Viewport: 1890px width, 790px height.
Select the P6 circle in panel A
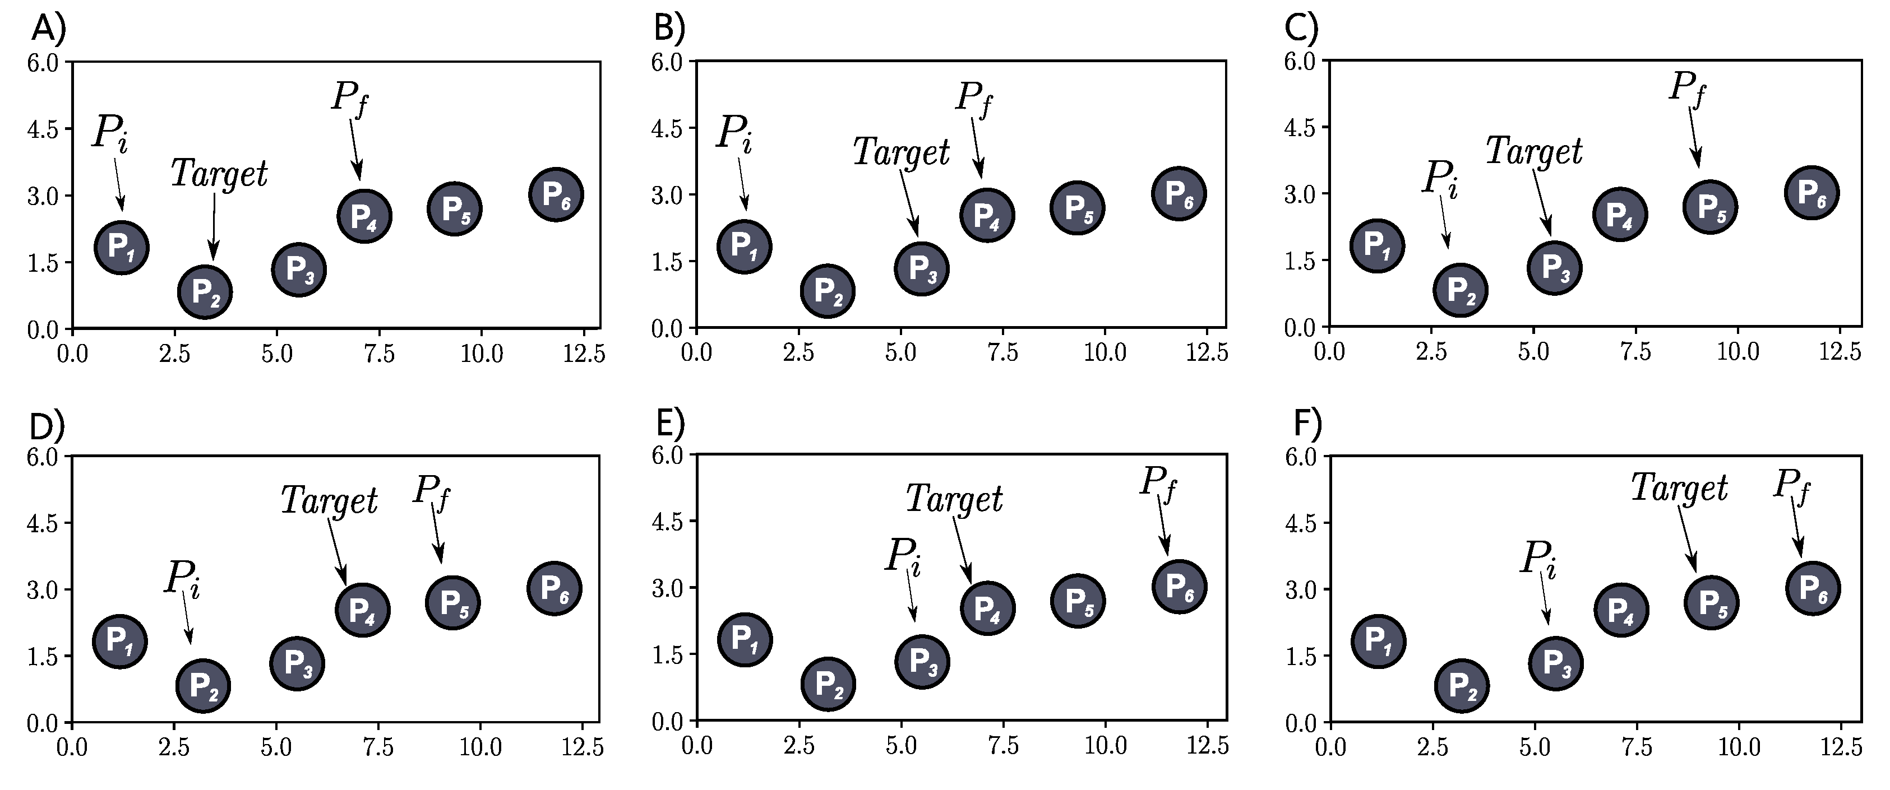pos(556,194)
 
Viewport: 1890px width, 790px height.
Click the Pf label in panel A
pos(349,98)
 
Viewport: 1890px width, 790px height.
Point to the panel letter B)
pos(668,28)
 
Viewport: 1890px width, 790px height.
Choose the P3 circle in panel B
pos(922,268)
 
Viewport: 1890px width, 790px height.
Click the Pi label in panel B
pos(734,134)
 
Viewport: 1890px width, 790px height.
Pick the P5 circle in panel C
pos(1710,208)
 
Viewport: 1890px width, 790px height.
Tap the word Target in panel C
pos(1534,152)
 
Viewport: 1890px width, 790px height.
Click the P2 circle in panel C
pos(1460,290)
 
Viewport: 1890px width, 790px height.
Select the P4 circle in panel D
pos(362,610)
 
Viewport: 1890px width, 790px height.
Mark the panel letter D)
pos(46,425)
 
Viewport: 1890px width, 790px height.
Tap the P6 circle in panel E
pos(1179,586)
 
